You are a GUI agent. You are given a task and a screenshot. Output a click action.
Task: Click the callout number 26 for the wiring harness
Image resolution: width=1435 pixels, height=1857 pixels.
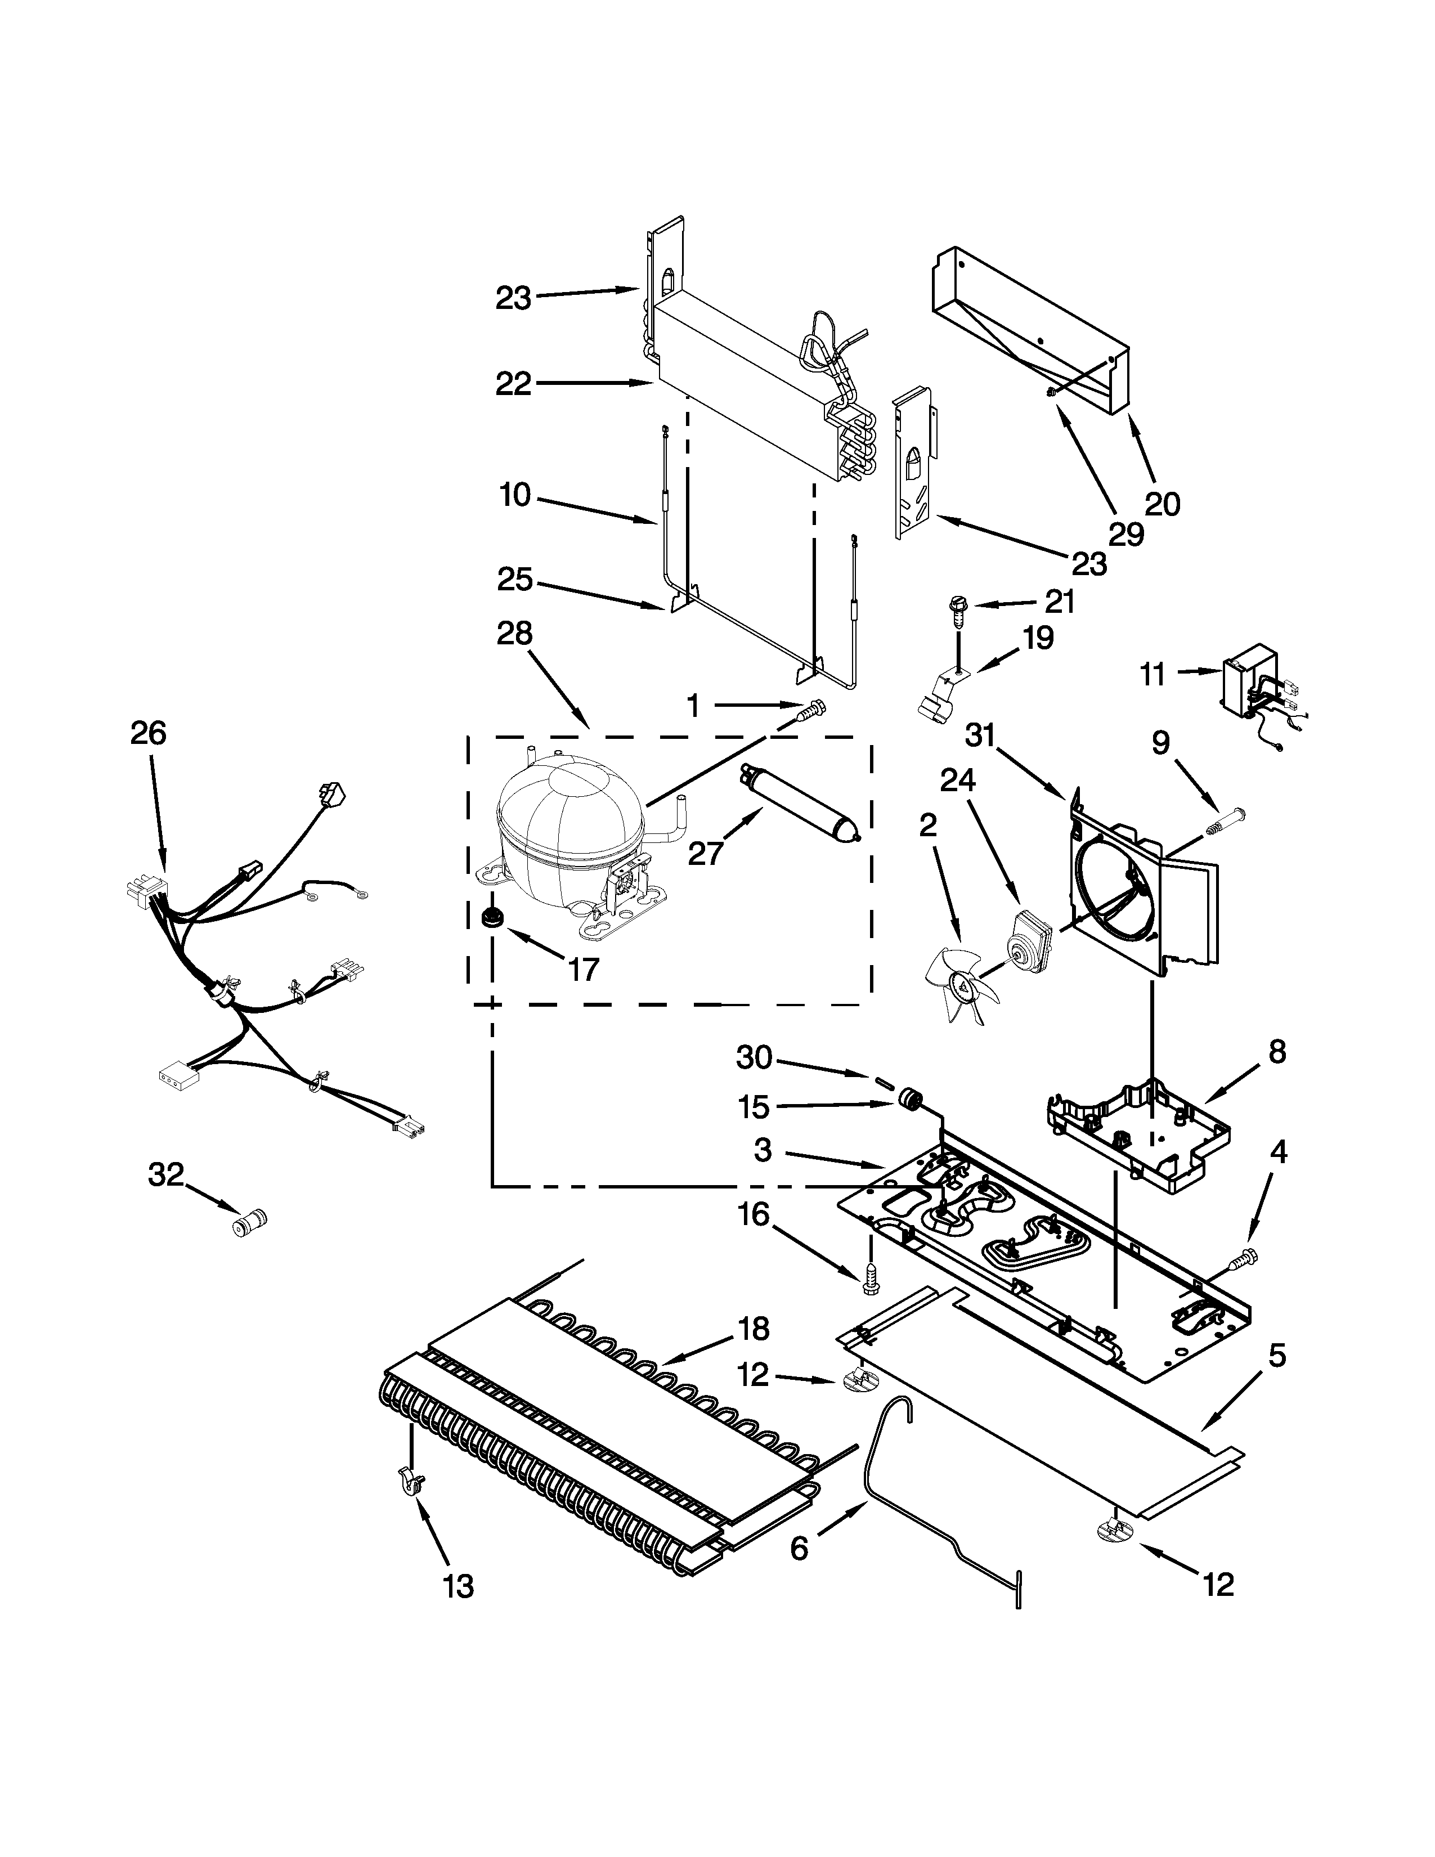point(148,733)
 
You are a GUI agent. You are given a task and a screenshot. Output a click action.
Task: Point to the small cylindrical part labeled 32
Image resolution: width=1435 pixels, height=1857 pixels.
point(250,1224)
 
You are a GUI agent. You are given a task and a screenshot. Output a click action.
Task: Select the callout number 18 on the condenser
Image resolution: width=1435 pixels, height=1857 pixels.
point(754,1327)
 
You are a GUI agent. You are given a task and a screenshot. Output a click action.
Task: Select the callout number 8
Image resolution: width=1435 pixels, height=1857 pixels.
point(1277,1052)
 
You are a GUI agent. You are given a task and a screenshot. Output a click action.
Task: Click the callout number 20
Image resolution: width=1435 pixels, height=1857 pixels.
point(1162,504)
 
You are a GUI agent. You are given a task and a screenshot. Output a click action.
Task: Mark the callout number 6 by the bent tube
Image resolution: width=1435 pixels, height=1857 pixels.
point(799,1547)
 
